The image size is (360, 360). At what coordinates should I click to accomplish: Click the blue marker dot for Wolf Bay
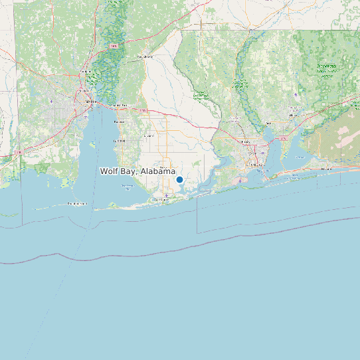pyautogui.click(x=179, y=179)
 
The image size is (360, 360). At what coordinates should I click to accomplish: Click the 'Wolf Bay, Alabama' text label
pyautogui.click(x=137, y=171)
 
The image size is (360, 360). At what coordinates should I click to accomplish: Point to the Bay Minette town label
pyautogui.click(x=144, y=57)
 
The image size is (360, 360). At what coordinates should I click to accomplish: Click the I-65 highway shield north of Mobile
pyautogui.click(x=114, y=46)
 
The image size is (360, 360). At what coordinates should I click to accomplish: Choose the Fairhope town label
pyautogui.click(x=120, y=141)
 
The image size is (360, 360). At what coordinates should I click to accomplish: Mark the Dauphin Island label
pyautogui.click(x=76, y=203)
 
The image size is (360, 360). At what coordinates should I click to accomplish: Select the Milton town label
pyautogui.click(x=268, y=124)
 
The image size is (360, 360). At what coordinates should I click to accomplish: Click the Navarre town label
pyautogui.click(x=326, y=169)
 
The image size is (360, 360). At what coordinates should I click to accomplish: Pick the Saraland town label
pyautogui.click(x=86, y=71)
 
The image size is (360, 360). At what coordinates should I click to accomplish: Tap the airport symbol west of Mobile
pyautogui.click(x=52, y=102)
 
